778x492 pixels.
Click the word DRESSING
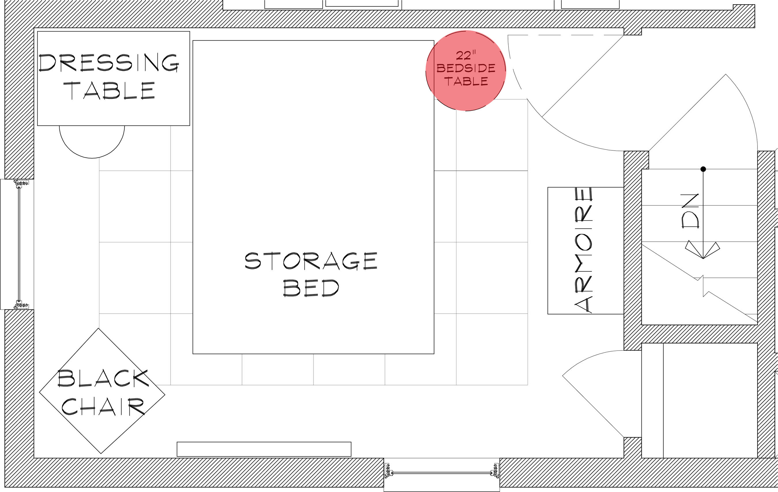pos(109,62)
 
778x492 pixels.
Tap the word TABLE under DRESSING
pos(109,90)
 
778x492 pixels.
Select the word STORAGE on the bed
pos(311,261)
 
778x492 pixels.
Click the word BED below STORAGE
pos(311,288)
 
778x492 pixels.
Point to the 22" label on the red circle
pos(466,55)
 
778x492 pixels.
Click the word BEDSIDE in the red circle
pos(466,68)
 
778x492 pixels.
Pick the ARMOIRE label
pos(583,250)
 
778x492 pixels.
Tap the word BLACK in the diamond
pos(103,378)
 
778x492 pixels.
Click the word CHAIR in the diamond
pos(103,406)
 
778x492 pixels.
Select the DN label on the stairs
pos(690,211)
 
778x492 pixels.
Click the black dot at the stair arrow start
pos(703,169)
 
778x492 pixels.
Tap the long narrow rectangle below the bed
pos(264,449)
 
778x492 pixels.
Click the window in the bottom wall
pos(442,474)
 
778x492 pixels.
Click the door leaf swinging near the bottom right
pos(593,406)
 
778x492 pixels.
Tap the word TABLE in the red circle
pos(466,81)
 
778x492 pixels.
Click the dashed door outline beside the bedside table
pos(565,35)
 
